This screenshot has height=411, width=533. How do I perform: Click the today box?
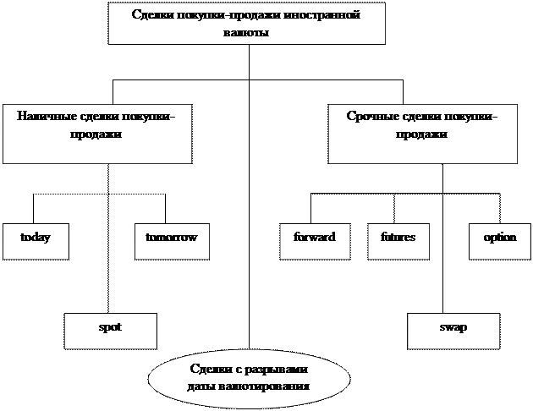pos(36,241)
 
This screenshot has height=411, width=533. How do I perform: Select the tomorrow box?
pos(172,241)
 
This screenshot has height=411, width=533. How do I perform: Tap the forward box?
pos(315,241)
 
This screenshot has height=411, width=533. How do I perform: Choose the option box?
pos(500,241)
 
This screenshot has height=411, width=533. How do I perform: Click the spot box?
pos(110,330)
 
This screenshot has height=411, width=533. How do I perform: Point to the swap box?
pos(453,330)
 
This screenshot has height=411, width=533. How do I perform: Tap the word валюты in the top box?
pos(247,33)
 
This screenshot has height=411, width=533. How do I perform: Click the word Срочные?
pos(369,116)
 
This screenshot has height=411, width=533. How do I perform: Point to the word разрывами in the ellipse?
pos(278,370)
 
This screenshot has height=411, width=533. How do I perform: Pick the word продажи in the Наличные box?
pos(96,134)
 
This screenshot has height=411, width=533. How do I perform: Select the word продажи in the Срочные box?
pos(422,134)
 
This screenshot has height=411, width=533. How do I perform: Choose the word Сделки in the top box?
pos(153,15)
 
